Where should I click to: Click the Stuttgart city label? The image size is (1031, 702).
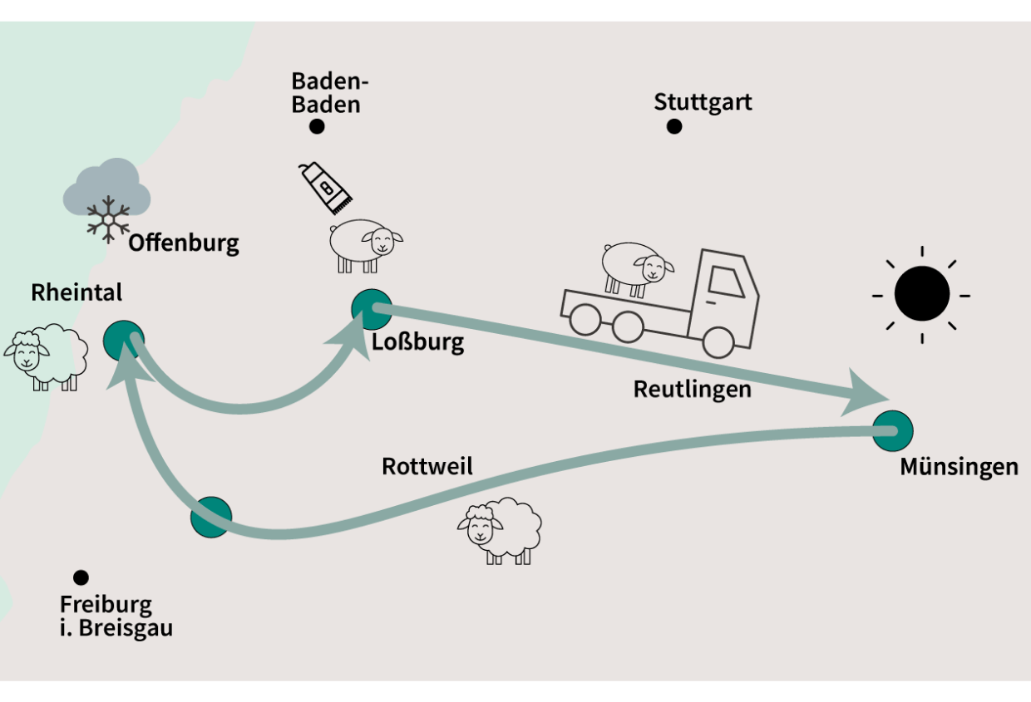(703, 102)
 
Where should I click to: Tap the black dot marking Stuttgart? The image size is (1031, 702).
(674, 126)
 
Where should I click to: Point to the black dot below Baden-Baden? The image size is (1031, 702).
(317, 126)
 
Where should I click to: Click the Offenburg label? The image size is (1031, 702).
(184, 243)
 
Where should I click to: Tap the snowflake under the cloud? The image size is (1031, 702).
(108, 219)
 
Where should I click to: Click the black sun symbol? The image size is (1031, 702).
(921, 294)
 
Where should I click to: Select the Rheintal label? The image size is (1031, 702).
(76, 292)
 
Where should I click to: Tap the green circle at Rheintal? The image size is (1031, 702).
(124, 340)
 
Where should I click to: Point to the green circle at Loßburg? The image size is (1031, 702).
(371, 309)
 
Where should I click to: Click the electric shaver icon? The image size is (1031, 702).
(326, 187)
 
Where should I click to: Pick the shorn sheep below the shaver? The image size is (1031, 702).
(365, 244)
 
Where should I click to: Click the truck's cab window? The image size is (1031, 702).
(726, 280)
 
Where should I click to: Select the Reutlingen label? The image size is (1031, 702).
(692, 389)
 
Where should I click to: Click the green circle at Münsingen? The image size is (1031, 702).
(892, 431)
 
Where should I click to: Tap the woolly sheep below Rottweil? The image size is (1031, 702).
(500, 529)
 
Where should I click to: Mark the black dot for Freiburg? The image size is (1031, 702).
(81, 577)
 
